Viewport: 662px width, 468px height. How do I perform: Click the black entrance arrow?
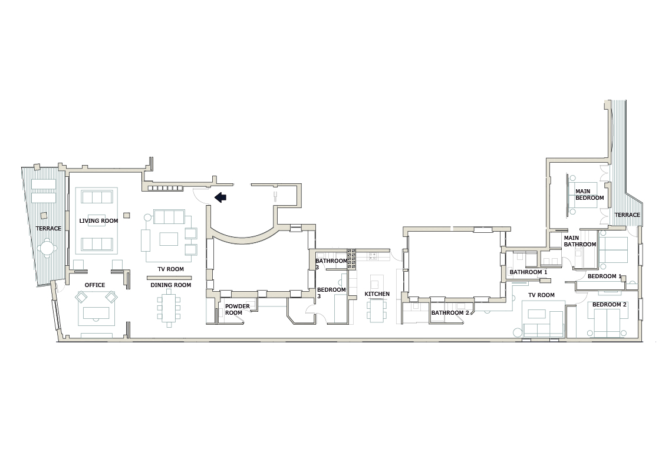(x=220, y=197)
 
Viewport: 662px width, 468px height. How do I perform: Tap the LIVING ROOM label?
(x=98, y=221)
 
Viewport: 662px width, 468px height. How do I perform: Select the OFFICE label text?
(x=94, y=285)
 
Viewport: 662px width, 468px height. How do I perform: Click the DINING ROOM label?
(x=171, y=285)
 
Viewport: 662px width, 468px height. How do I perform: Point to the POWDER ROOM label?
(x=237, y=309)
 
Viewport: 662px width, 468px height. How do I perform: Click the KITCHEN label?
(x=377, y=294)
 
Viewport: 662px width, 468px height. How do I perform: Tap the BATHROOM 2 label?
(x=449, y=313)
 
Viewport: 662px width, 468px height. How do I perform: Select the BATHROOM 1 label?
(x=528, y=272)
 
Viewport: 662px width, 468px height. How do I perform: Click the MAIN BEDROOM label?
(x=589, y=195)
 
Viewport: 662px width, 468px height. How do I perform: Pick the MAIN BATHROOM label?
(x=579, y=241)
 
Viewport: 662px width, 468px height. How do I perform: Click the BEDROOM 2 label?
(x=609, y=305)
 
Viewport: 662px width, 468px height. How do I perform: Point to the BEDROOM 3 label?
(x=331, y=293)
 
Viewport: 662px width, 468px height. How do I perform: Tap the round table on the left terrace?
(x=47, y=248)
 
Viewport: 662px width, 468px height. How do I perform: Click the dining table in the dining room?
(x=169, y=309)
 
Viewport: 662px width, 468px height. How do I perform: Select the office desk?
(x=95, y=312)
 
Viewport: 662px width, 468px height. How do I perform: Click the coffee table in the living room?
(x=97, y=216)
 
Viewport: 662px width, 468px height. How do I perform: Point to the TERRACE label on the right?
(x=627, y=215)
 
